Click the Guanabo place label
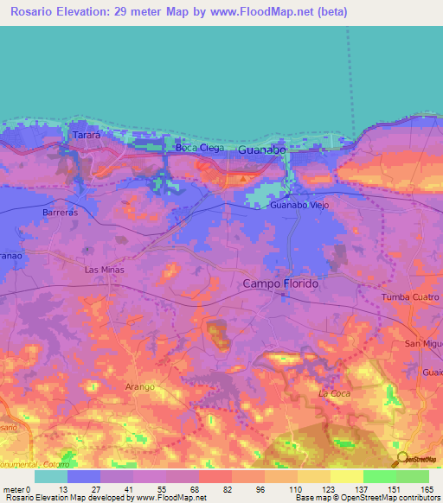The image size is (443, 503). [x=261, y=150]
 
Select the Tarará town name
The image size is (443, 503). [x=87, y=136]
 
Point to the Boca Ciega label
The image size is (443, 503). [x=199, y=148]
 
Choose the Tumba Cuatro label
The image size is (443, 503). [x=412, y=298]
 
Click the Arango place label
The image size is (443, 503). [x=139, y=388]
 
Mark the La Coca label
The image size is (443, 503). [x=333, y=394]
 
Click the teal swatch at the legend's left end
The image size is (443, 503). [x=51, y=476]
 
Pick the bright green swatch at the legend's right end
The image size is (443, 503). [x=412, y=476]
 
